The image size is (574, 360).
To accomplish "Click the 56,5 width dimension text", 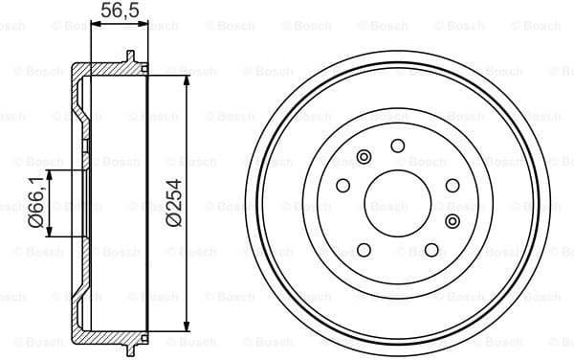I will point(115,11).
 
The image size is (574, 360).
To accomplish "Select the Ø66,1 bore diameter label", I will point(35,203).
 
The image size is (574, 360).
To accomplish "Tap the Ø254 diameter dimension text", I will point(173,203).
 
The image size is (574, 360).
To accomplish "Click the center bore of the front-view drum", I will point(397,204).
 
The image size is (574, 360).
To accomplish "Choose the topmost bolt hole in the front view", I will point(397,146).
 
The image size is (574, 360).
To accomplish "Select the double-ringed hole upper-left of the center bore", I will point(363,157).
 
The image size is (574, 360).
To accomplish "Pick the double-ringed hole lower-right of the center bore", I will point(453,222).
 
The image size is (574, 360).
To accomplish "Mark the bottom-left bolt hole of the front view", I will point(363,251).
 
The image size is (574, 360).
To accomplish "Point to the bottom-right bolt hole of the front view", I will point(431,251).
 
